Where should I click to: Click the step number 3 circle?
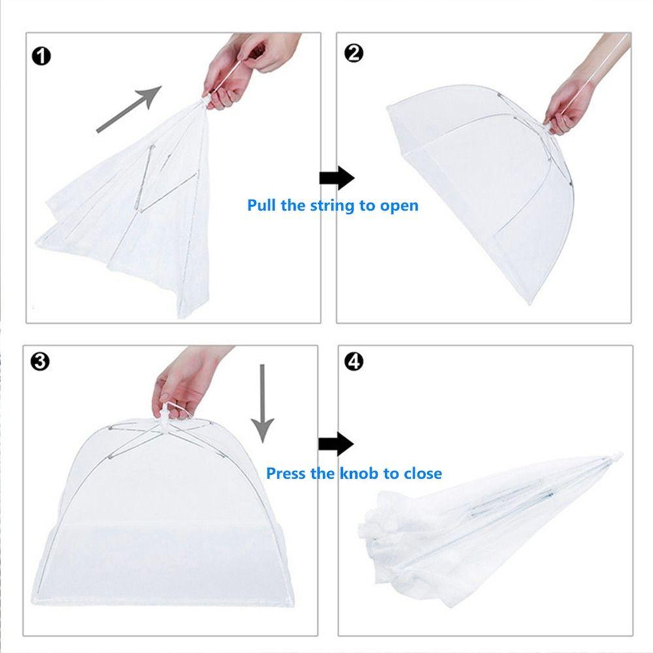[x=40, y=362]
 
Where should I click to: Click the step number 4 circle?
[x=353, y=362]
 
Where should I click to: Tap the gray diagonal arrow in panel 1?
[x=129, y=108]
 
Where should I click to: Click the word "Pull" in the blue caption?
[x=261, y=206]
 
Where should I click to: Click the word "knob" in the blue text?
[x=358, y=473]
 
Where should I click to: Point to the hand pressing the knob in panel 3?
[x=183, y=382]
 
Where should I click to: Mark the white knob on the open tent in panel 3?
[x=169, y=415]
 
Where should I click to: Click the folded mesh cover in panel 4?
[x=470, y=522]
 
